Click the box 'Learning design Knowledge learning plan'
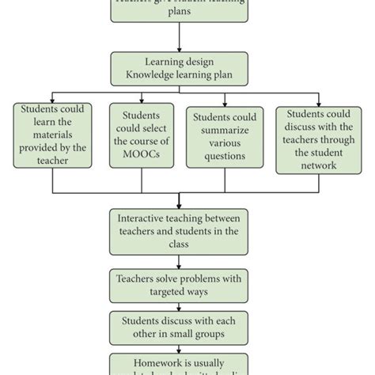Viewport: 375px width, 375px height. (x=180, y=70)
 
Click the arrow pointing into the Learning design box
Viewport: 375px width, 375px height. (x=180, y=46)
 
